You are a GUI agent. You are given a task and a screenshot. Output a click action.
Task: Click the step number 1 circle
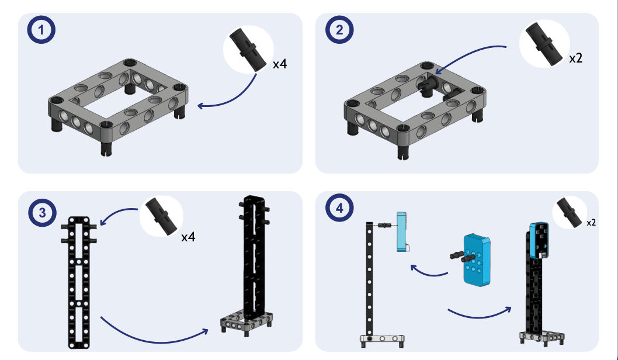[x=41, y=30]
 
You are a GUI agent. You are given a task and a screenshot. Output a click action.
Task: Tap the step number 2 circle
[x=339, y=30]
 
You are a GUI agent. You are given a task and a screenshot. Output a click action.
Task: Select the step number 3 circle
[x=42, y=213]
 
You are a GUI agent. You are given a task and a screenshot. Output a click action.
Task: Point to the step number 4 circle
[x=339, y=208]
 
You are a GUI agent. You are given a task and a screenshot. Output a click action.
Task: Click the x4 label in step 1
[x=280, y=64]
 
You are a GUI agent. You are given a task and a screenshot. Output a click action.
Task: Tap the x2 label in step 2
[x=576, y=58]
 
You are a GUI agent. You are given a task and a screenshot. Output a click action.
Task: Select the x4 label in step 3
[x=189, y=237]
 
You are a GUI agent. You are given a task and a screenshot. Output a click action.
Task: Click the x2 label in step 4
[x=591, y=223]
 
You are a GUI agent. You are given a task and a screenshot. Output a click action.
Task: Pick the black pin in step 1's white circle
[x=248, y=50]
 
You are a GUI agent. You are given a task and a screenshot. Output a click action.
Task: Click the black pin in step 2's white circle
[x=544, y=43]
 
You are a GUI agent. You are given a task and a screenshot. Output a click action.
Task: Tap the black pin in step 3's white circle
[x=162, y=216]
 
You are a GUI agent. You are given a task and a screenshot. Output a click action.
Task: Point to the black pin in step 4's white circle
[x=570, y=212]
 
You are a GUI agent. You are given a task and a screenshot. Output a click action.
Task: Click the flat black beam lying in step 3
[x=79, y=282]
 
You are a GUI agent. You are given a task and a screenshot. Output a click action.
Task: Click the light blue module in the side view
[x=402, y=232]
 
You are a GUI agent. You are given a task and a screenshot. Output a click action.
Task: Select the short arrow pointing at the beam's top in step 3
[x=117, y=212]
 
